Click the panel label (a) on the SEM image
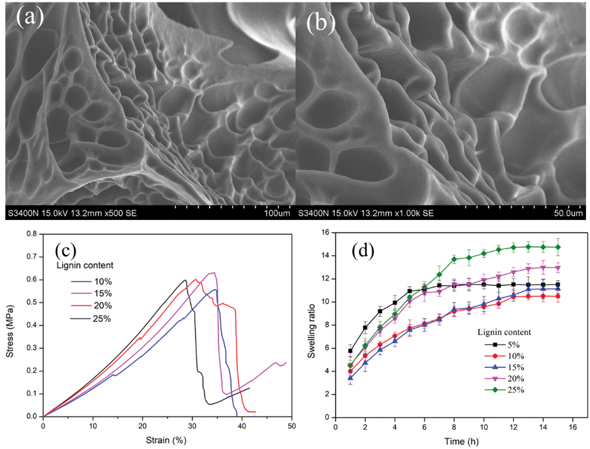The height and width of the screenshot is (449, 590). [x=30, y=17]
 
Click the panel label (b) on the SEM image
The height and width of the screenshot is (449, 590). [x=321, y=23]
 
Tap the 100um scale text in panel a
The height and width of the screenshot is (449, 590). [x=277, y=213]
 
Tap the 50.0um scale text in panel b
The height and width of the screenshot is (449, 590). [x=568, y=213]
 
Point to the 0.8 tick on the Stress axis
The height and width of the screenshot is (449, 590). [x=32, y=234]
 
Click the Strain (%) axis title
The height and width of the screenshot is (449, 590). [x=166, y=440]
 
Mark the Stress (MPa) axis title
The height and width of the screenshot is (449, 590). [x=10, y=331]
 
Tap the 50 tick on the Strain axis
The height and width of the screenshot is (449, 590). [x=292, y=426]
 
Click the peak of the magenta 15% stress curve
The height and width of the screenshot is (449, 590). [x=213, y=273]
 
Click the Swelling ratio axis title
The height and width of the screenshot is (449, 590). [x=311, y=331]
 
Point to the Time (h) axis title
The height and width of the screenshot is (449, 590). [x=462, y=441]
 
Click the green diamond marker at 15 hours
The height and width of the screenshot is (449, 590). [x=558, y=247]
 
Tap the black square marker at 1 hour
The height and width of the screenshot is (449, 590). [x=350, y=351]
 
